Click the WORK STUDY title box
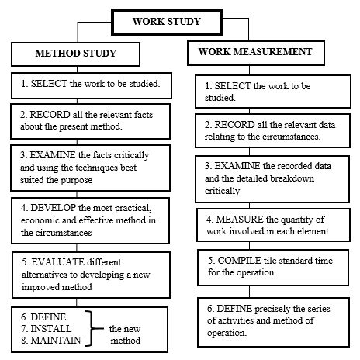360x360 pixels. tap(167, 22)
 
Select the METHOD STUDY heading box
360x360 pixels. tap(75, 54)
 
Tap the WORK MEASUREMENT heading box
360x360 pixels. tap(256, 53)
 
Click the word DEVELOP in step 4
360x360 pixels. tap(53, 208)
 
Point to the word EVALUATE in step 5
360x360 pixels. tap(57, 262)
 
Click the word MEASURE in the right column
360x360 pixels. tap(240, 220)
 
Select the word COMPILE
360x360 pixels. tap(239, 261)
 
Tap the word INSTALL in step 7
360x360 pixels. tap(51, 329)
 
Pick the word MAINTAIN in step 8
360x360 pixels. tap(56, 341)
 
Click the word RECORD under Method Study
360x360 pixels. tap(50, 115)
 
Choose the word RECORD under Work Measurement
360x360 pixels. tap(234, 125)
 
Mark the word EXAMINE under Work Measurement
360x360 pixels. tap(237, 166)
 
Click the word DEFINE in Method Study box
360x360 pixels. tap(48, 317)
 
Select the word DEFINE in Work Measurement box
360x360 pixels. tap(234, 309)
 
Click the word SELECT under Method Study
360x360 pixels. tap(49, 84)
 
